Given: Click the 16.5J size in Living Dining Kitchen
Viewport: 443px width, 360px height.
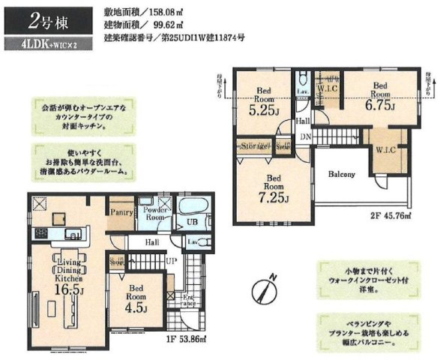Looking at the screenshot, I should tap(69, 287).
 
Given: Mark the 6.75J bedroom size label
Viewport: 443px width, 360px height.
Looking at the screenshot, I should tap(379, 106).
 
